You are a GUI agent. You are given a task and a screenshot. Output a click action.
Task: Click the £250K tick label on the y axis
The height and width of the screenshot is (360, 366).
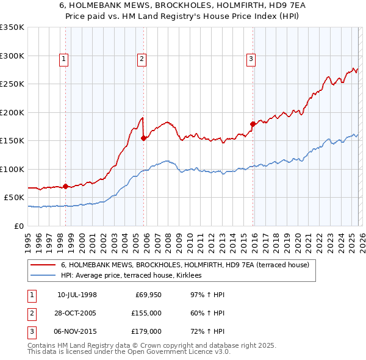[x=12, y=84]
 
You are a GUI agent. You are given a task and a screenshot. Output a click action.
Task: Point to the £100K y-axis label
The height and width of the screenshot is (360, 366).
[x=12, y=169]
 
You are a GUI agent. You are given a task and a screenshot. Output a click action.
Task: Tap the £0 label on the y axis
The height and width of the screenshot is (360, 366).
[x=19, y=226]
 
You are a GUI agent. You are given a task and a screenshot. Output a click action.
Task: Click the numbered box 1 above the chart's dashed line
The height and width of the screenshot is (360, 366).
[x=64, y=59]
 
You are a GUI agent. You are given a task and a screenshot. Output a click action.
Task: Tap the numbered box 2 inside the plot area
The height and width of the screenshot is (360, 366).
[x=142, y=59]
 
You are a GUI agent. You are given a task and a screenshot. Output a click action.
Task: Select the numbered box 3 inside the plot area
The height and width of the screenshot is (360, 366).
[x=251, y=59]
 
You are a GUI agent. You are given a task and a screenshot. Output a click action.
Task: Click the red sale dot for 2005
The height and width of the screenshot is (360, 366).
[x=144, y=138]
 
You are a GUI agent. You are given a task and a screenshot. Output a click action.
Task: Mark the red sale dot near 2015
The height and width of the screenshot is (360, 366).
[x=252, y=124]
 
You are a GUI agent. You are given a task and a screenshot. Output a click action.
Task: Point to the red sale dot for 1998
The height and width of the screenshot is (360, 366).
[x=65, y=186]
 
